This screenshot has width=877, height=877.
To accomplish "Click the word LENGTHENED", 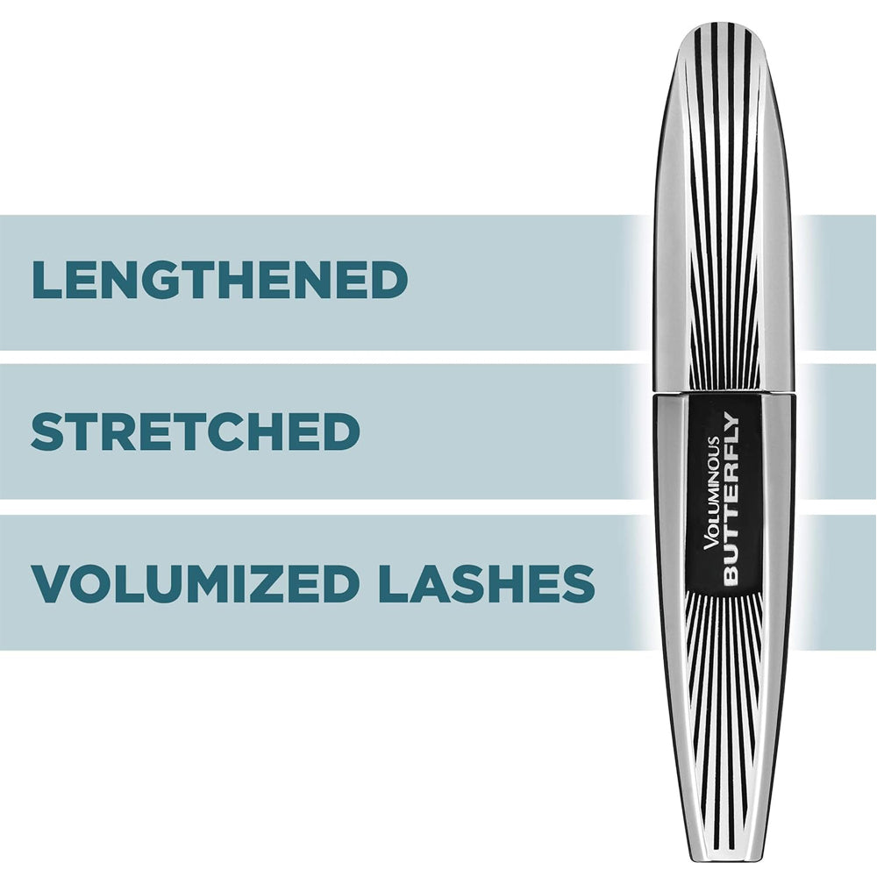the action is pos(219,279).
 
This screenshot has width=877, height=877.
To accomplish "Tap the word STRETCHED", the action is pos(196,431).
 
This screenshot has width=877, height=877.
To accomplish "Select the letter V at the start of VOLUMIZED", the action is pos(53,583).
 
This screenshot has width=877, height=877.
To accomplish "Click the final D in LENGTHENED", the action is pos(389,279).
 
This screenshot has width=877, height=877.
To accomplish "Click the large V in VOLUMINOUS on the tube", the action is pos(711,542).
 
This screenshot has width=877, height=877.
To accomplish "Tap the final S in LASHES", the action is pos(577,583).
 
